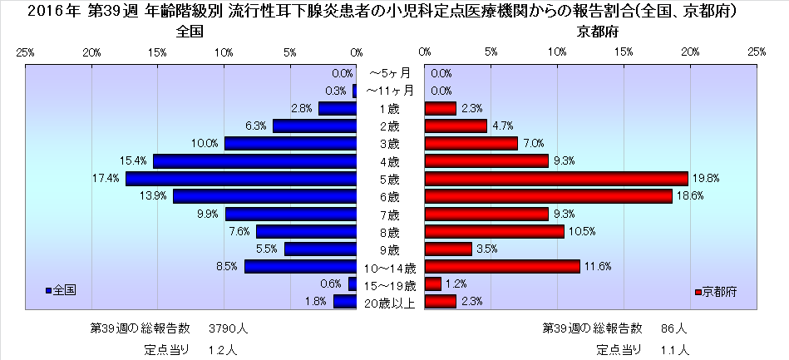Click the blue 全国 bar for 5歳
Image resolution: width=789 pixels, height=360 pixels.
(x=241, y=179)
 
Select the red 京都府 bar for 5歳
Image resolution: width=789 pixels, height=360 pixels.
(x=556, y=179)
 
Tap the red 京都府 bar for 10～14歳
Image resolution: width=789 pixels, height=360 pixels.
(x=502, y=266)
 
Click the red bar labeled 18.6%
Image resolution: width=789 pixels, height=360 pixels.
(x=548, y=196)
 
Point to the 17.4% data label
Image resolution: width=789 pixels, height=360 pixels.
(x=109, y=179)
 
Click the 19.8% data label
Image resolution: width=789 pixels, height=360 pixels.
(x=705, y=179)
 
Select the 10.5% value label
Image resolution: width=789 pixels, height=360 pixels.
(x=580, y=231)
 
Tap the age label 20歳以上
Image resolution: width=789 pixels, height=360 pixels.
(x=390, y=302)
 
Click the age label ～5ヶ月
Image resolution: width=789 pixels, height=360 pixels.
(x=390, y=74)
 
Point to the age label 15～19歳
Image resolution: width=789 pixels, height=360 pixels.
(x=390, y=284)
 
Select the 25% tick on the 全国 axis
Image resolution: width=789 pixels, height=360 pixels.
(x=25, y=52)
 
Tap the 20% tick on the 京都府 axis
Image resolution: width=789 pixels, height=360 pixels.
(x=690, y=52)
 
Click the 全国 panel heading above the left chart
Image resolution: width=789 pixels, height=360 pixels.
(x=190, y=32)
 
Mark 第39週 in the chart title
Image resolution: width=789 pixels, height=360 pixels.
(x=98, y=12)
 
